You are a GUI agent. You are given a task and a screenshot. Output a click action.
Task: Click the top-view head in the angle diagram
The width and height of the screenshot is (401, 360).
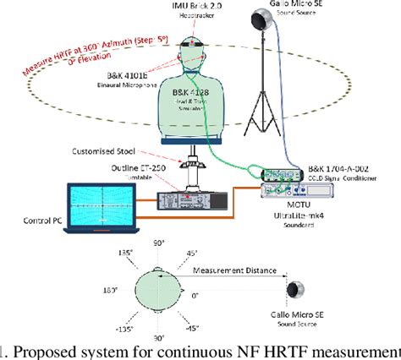156,289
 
